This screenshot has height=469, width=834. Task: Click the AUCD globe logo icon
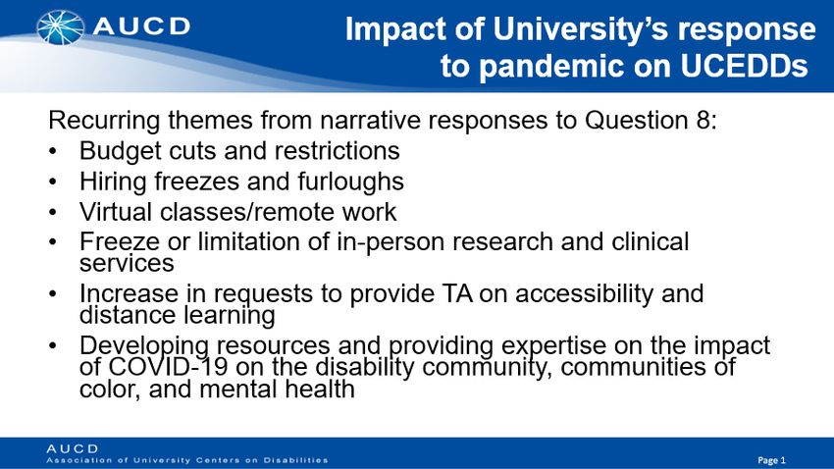[x=60, y=27]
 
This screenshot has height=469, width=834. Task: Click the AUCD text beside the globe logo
[x=141, y=26]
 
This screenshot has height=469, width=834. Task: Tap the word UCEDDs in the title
[x=744, y=66]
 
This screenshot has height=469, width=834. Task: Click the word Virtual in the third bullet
[x=116, y=212]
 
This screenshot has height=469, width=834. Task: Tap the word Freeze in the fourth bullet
[x=119, y=242]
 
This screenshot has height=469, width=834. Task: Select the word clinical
[x=650, y=241]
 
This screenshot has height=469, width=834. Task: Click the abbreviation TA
[x=457, y=293]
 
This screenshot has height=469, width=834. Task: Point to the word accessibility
[x=584, y=294]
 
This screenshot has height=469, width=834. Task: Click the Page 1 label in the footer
[x=771, y=460]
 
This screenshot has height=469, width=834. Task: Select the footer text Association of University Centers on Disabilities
[x=187, y=460]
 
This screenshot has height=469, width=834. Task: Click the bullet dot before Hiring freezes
[x=52, y=182]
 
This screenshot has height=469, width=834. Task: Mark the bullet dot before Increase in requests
[x=52, y=294]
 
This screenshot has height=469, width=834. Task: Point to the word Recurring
[x=104, y=121]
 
